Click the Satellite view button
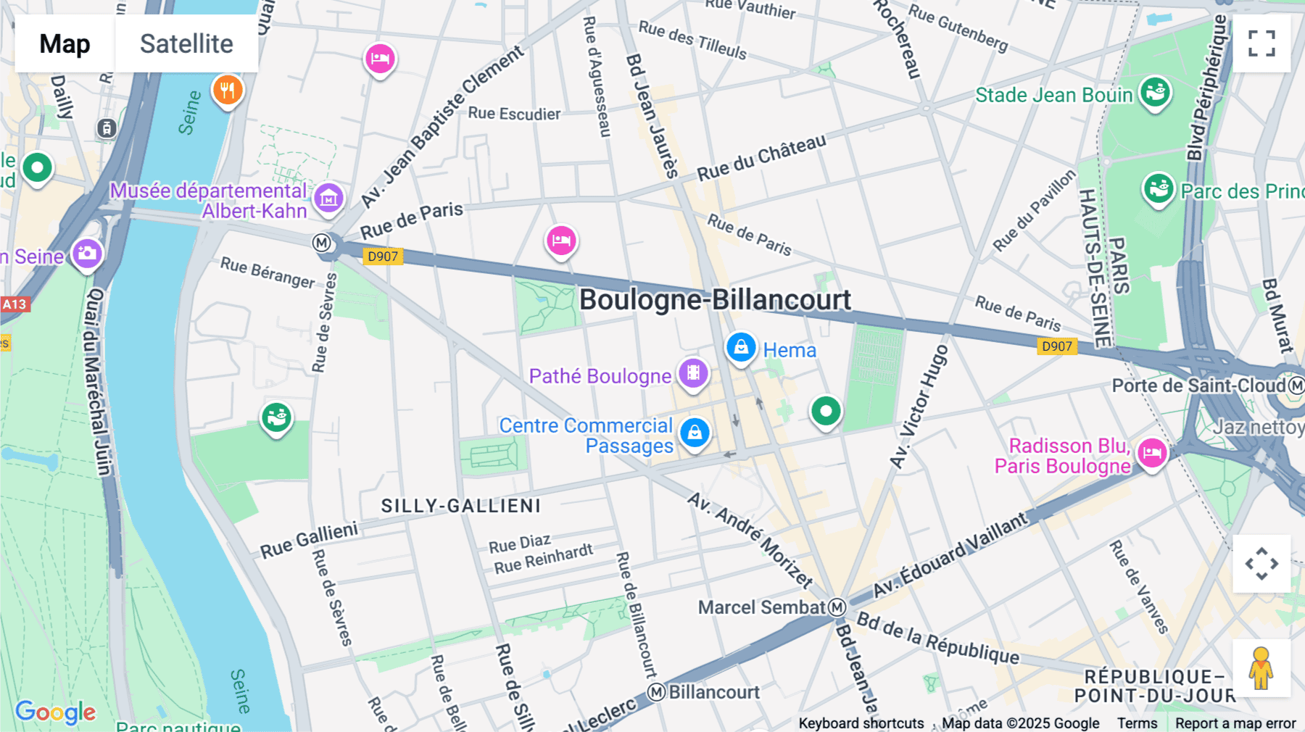click(186, 44)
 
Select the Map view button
click(65, 44)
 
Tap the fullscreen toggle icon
click(1261, 43)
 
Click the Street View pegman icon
click(1261, 668)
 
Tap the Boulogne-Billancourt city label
click(715, 300)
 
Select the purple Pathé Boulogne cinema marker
click(693, 373)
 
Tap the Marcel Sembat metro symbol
click(837, 607)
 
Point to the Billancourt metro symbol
click(656, 692)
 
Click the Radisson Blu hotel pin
click(1152, 454)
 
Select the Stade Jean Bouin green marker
click(1155, 93)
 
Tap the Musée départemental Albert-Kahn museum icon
click(328, 197)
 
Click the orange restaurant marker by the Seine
click(228, 91)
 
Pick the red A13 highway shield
click(14, 304)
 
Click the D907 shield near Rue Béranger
click(382, 256)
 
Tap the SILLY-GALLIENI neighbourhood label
click(461, 506)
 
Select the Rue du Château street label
click(761, 157)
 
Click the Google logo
click(55, 712)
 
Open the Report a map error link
click(1235, 723)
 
